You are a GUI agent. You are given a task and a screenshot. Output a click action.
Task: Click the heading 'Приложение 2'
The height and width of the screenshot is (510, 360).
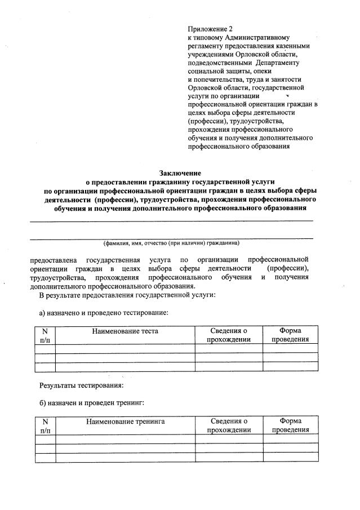coord(210,28)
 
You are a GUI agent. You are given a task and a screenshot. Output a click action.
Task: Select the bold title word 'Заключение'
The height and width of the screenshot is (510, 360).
coord(180,172)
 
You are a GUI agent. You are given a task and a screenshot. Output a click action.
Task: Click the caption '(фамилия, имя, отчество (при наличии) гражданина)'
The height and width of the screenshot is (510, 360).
coord(171,243)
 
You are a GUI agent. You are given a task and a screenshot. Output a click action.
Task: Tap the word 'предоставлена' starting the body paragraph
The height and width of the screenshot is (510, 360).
coord(53,260)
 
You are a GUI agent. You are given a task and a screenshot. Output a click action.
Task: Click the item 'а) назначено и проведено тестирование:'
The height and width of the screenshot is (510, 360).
coord(104,312)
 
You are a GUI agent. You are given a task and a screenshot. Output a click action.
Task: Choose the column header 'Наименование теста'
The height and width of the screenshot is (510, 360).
coord(125,331)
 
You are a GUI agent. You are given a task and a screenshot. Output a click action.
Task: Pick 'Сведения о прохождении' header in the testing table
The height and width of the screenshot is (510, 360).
coord(229,335)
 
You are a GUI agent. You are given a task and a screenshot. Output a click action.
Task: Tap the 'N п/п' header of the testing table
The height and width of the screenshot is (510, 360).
coord(45,335)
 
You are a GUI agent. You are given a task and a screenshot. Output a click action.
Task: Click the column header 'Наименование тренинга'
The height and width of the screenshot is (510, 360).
coord(125,421)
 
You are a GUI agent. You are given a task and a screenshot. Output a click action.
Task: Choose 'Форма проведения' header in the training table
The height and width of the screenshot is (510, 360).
coord(290,425)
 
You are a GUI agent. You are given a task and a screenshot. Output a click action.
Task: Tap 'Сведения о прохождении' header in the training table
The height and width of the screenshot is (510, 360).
coord(229,425)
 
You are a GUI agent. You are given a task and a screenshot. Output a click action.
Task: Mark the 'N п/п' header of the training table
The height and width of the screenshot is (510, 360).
coord(45,425)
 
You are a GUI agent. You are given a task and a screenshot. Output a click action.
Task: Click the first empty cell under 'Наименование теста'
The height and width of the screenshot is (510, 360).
coord(125,348)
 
